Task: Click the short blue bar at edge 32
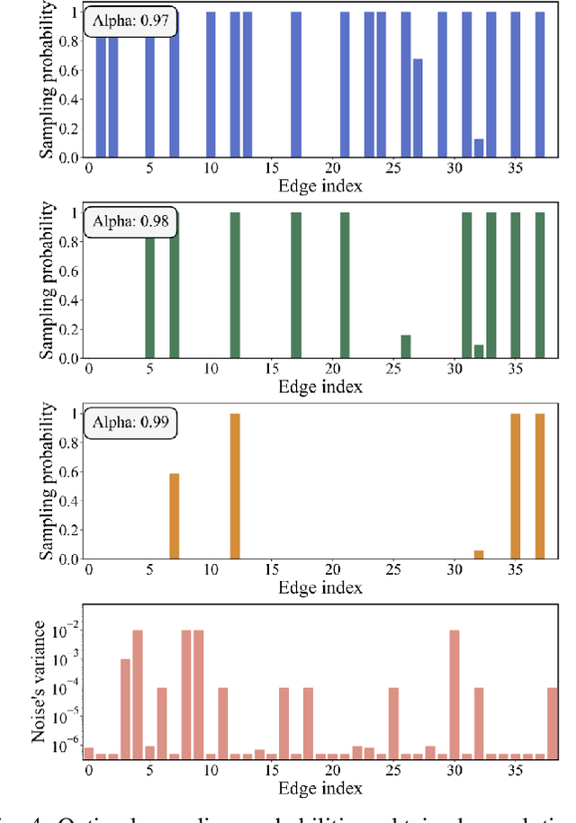point(479,148)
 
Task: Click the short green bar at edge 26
point(406,346)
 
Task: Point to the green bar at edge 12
point(235,285)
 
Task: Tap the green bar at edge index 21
point(345,285)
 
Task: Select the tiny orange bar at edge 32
point(479,554)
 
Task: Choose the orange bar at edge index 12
point(235,486)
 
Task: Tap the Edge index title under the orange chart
point(320,587)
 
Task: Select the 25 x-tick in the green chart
point(393,370)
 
